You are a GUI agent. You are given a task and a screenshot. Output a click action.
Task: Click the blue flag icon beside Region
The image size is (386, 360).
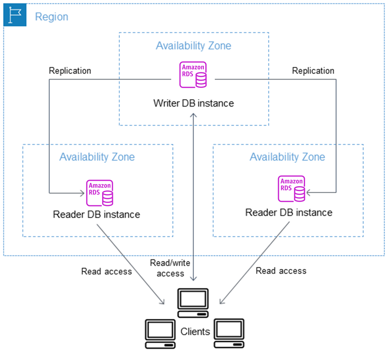pos(15,15)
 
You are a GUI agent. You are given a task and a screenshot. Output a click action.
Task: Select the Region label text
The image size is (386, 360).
pos(52,17)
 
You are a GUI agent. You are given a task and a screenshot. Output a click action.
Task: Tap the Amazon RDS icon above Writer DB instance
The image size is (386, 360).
pos(193,75)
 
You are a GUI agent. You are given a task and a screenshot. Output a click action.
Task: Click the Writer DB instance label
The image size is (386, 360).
pos(193,103)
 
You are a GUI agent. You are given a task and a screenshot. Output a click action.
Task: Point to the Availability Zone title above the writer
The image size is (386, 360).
pos(193,46)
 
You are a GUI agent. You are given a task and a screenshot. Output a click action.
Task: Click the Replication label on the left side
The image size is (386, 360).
pos(70,71)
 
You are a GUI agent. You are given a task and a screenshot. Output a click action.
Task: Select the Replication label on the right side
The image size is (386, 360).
pos(313,71)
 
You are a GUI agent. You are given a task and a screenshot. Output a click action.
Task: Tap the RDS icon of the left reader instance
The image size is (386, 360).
pos(100,193)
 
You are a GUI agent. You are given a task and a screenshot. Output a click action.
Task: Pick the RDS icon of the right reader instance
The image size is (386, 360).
pos(291,189)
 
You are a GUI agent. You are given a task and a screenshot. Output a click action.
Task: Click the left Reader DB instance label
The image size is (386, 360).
pos(96,215)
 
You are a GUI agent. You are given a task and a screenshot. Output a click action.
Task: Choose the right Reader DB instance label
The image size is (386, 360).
pos(289,213)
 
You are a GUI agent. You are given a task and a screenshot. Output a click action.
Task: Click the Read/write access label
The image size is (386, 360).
pos(170,268)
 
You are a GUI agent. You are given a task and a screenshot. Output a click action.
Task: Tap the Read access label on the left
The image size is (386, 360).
pos(106,271)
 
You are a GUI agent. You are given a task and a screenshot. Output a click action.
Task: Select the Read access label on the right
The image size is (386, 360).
pos(281,271)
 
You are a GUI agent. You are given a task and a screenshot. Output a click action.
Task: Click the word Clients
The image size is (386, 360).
pos(195,332)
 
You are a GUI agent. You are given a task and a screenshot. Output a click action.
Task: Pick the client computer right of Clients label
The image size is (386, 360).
pos(229,333)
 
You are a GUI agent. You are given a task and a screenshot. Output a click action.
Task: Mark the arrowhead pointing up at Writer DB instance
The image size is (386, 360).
pos(193,115)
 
